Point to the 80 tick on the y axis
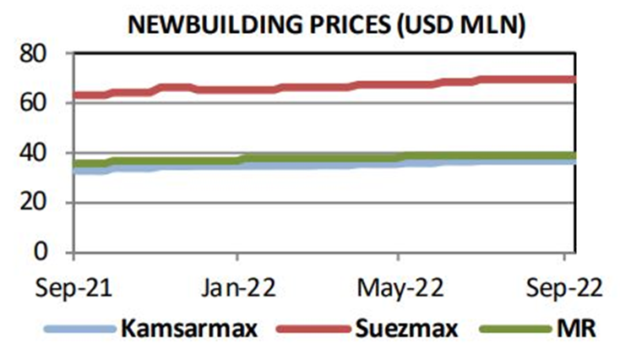pyautogui.click(x=35, y=54)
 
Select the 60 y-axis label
pyautogui.click(x=35, y=104)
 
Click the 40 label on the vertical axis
pyautogui.click(x=35, y=153)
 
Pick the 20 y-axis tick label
pyautogui.click(x=35, y=203)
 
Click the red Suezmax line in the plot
pyautogui.click(x=338, y=86)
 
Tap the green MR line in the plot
pyautogui.click(x=338, y=157)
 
